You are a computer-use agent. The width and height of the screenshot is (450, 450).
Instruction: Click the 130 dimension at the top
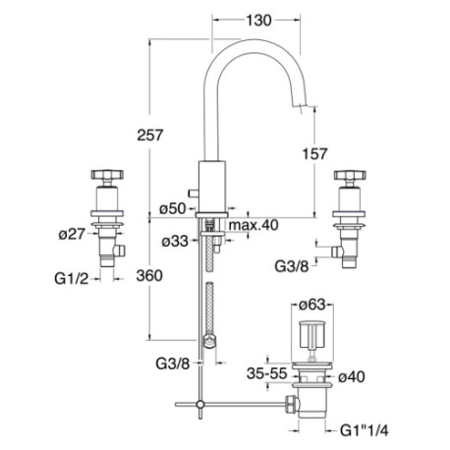(x=258, y=21)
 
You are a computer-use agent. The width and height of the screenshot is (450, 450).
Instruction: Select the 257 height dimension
(x=150, y=135)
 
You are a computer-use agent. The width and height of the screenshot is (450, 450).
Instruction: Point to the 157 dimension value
(x=314, y=154)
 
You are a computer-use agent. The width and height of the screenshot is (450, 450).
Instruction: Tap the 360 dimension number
(x=149, y=275)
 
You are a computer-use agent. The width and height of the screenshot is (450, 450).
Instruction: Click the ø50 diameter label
(x=173, y=208)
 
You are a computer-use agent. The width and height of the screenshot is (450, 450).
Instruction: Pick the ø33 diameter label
(x=175, y=242)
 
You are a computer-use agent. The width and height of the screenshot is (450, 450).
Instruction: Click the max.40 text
(x=253, y=225)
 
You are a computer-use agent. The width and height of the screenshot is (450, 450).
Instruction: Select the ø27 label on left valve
(x=72, y=234)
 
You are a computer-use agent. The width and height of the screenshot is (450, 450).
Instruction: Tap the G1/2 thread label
(x=72, y=279)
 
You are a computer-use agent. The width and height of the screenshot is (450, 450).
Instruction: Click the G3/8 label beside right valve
(x=292, y=266)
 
